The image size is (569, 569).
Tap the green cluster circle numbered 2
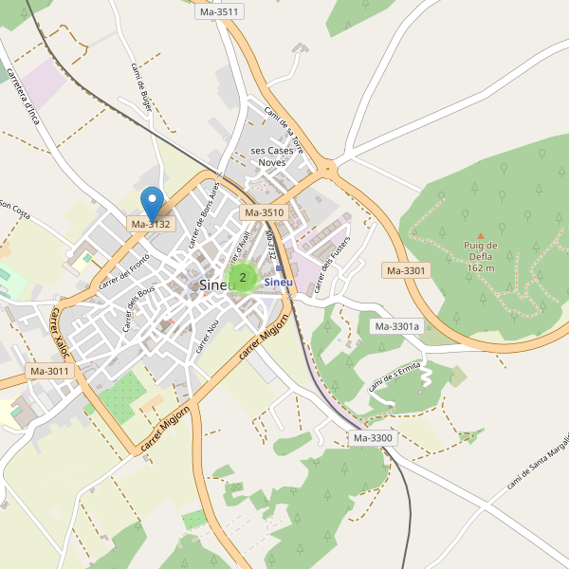tap(243, 278)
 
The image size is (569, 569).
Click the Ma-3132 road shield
tap(151, 225)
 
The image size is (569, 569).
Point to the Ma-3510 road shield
tap(264, 213)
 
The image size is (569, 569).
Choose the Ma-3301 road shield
tap(407, 270)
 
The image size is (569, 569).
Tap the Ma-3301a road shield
tap(396, 326)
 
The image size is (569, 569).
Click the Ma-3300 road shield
tap(373, 438)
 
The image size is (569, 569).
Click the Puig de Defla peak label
tap(480, 256)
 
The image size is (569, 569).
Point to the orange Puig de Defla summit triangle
tap(480, 235)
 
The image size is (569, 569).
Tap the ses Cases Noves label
tap(271, 156)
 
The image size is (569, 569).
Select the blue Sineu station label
tap(279, 282)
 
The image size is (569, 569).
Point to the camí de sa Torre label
tap(284, 130)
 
